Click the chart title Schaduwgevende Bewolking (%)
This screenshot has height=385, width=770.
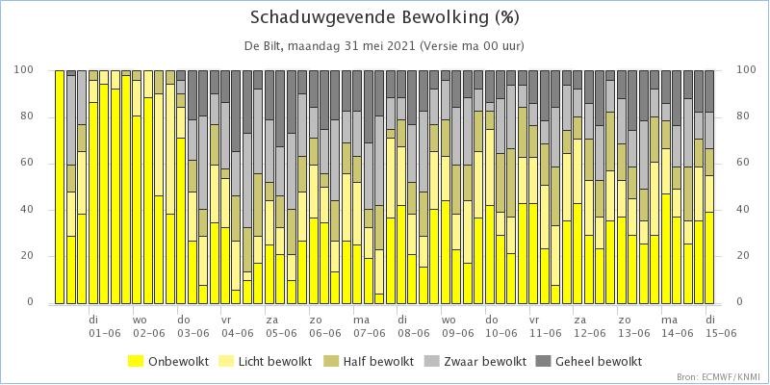[384, 17]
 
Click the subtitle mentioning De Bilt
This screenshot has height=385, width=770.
[384, 46]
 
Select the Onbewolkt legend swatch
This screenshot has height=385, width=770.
[136, 362]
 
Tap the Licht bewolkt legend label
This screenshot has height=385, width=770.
[275, 362]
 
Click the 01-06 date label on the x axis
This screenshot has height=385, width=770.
[105, 333]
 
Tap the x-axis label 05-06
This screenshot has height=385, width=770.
[281, 333]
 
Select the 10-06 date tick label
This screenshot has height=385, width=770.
[501, 333]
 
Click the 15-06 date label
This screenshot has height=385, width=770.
[721, 333]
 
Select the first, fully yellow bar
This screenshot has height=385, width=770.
[60, 187]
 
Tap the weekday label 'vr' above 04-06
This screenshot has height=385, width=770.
[226, 321]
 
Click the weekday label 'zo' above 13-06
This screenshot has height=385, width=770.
[624, 321]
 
